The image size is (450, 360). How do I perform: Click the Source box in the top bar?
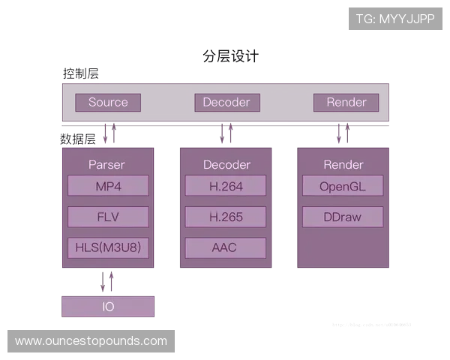[108, 103]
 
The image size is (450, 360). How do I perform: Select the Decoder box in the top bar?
[226, 103]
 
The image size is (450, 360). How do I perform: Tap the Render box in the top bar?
[346, 103]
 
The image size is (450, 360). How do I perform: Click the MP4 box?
[108, 186]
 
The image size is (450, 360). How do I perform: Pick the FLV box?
[108, 217]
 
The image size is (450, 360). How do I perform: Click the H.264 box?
[226, 186]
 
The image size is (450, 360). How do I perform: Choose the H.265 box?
[226, 217]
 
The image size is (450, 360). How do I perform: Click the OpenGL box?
[343, 186]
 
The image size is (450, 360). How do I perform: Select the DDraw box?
[343, 217]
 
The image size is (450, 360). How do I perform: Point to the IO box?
[108, 306]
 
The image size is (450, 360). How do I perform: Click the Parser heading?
[106, 164]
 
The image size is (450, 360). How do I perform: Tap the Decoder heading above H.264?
[226, 164]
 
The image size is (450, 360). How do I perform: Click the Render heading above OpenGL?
[343, 164]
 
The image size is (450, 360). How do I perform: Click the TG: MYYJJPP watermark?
[396, 18]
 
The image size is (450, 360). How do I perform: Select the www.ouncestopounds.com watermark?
[91, 341]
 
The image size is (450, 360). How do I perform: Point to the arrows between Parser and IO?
[108, 282]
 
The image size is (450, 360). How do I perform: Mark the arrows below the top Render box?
[343, 134]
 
